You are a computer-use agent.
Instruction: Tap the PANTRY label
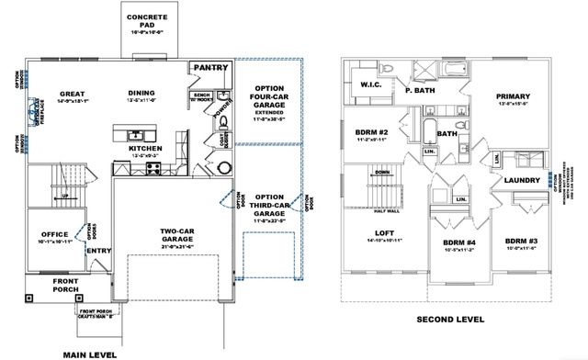coord(210,67)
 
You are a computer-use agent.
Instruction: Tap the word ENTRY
coord(98,251)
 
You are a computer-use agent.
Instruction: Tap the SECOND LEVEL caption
coord(450,320)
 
